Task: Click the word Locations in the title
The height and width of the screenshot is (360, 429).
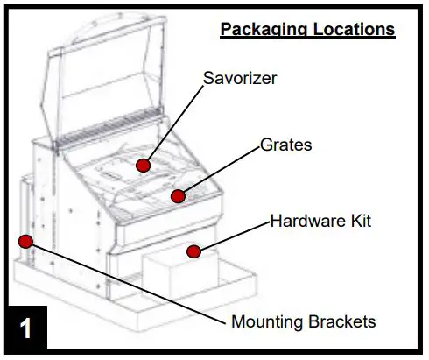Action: click(x=350, y=29)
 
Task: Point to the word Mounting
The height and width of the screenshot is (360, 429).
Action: click(x=268, y=321)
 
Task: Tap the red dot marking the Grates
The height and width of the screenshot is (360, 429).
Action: click(x=179, y=194)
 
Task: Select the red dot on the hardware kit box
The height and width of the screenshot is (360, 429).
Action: click(x=193, y=252)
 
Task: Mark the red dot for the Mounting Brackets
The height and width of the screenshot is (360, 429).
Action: click(x=26, y=241)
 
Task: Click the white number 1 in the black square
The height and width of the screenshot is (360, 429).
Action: click(x=27, y=329)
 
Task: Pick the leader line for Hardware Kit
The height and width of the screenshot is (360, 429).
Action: click(x=232, y=236)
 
